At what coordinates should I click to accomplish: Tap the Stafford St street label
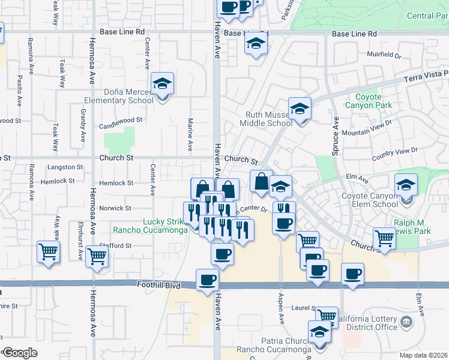[116, 245]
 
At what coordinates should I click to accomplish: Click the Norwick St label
[116, 208]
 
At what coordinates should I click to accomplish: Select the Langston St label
[64, 167]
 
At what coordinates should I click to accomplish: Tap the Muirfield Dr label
[384, 55]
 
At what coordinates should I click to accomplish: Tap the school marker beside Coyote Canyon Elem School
[406, 185]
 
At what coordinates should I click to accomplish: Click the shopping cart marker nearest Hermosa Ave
[96, 256]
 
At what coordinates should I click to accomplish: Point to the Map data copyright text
[423, 355]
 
